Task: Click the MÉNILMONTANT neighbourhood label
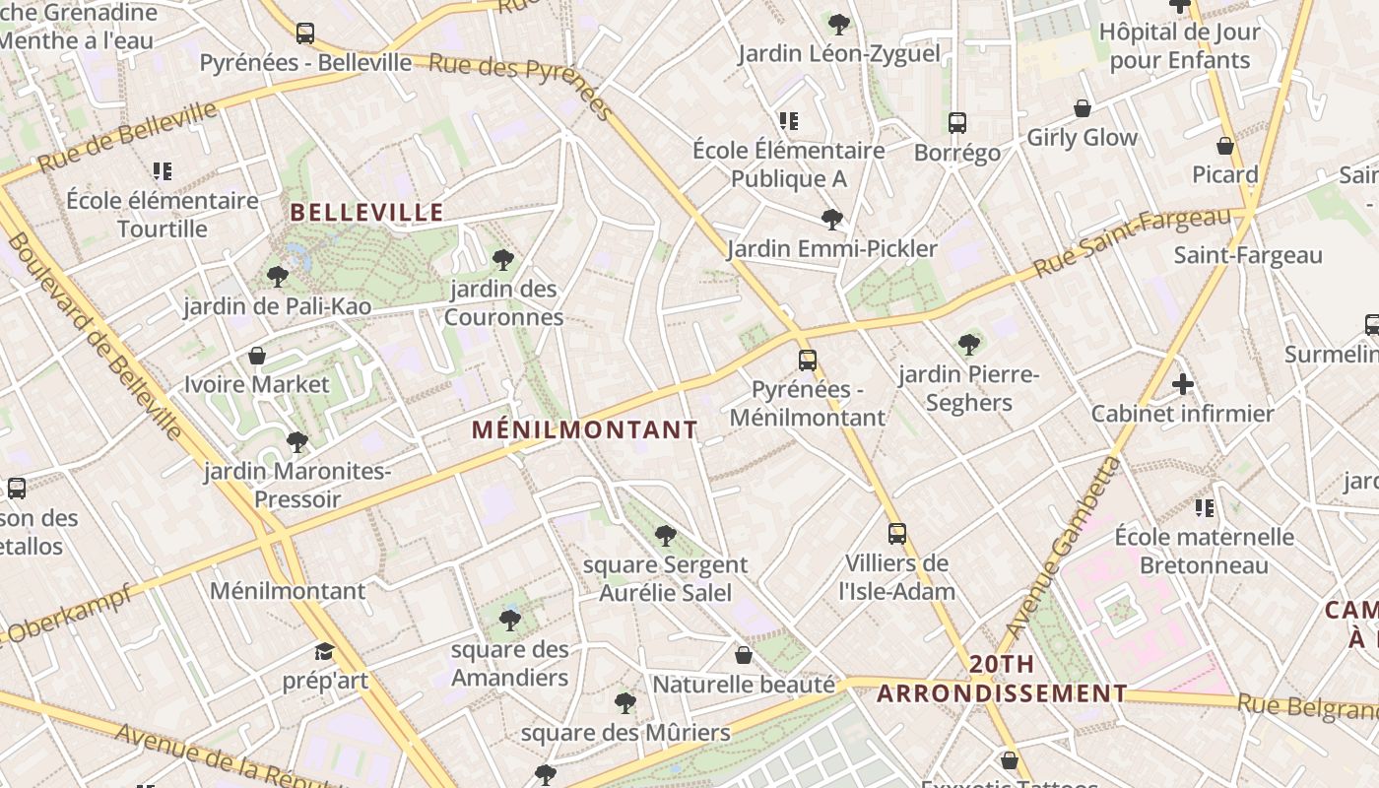584,430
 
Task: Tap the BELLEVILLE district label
366,212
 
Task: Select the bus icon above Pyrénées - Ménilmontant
808,361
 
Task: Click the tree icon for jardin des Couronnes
503,260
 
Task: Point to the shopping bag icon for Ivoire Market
257,355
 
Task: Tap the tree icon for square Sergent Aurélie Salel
666,536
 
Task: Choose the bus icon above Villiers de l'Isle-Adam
897,534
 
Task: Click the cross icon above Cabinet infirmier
1183,384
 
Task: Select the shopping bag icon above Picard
1225,146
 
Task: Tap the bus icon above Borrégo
957,123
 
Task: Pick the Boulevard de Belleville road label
95,335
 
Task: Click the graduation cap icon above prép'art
324,651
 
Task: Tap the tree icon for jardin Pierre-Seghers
969,345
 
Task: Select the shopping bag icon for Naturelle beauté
744,655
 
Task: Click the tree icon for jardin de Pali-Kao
278,277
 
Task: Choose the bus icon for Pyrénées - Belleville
305,33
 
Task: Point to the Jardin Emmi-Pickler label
832,249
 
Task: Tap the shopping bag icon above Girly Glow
1083,108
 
